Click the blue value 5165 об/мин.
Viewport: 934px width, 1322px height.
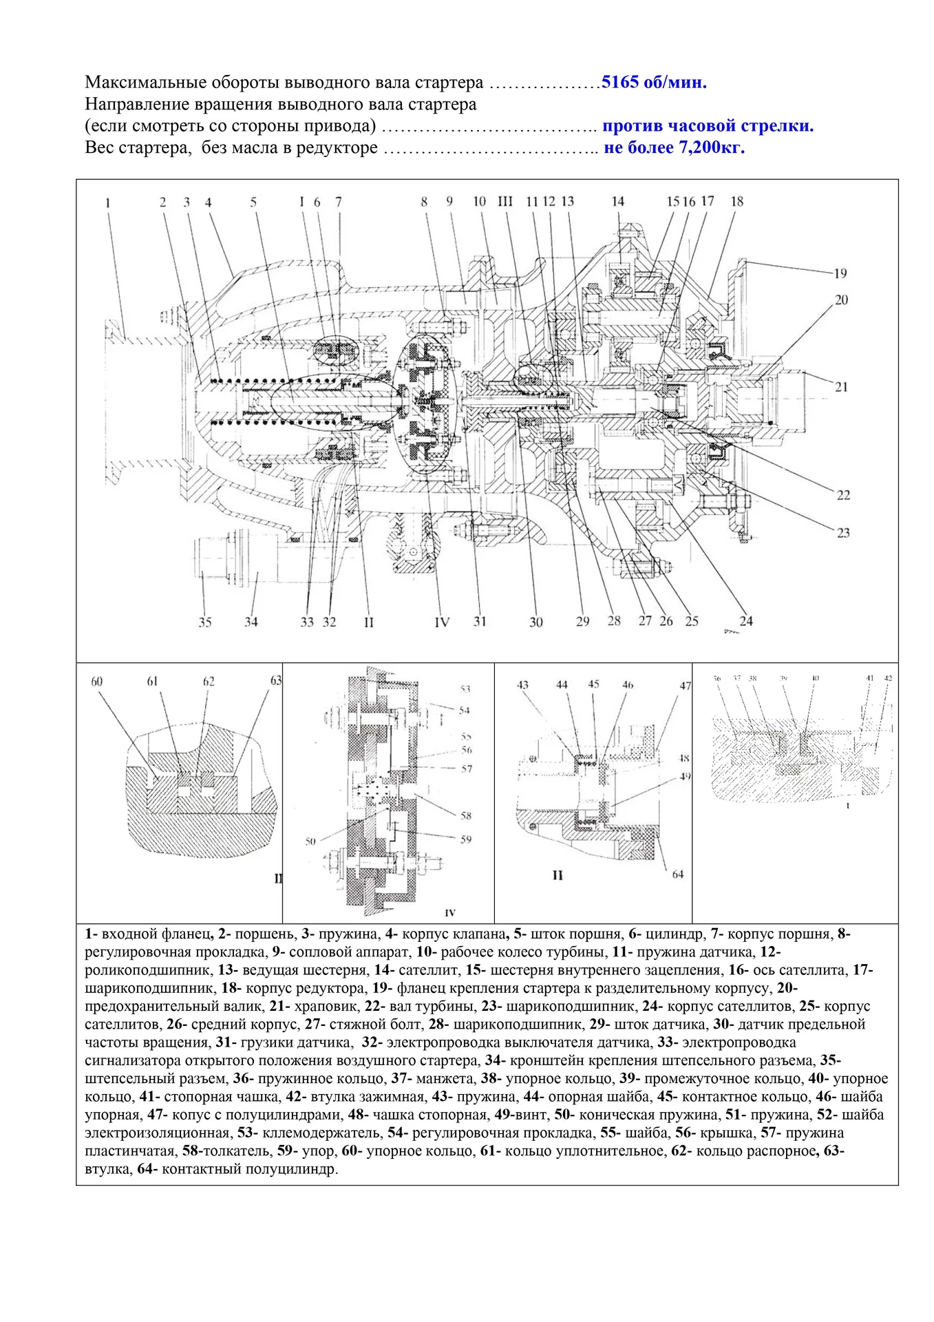pyautogui.click(x=653, y=83)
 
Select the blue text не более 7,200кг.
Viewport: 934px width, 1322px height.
pyautogui.click(x=674, y=147)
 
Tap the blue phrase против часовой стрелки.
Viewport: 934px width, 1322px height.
pyautogui.click(x=708, y=126)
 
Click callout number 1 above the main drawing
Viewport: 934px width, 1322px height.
pyautogui.click(x=108, y=203)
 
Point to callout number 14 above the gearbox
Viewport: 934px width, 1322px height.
pyautogui.click(x=617, y=202)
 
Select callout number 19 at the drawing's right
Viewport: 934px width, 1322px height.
pyautogui.click(x=840, y=273)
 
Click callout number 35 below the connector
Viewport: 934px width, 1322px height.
pyautogui.click(x=205, y=622)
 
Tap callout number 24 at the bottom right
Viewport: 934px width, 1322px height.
pyautogui.click(x=746, y=621)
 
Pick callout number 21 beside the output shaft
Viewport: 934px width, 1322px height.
pyautogui.click(x=841, y=387)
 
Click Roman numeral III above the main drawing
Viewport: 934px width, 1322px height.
pyautogui.click(x=505, y=202)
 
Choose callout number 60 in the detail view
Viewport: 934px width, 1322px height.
pyautogui.click(x=97, y=682)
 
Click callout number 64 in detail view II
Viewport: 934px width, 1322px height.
pyautogui.click(x=678, y=874)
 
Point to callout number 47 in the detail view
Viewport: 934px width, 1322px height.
pyautogui.click(x=686, y=686)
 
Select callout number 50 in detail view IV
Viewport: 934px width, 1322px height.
pyautogui.click(x=310, y=841)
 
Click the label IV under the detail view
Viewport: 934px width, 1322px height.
pyautogui.click(x=450, y=913)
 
